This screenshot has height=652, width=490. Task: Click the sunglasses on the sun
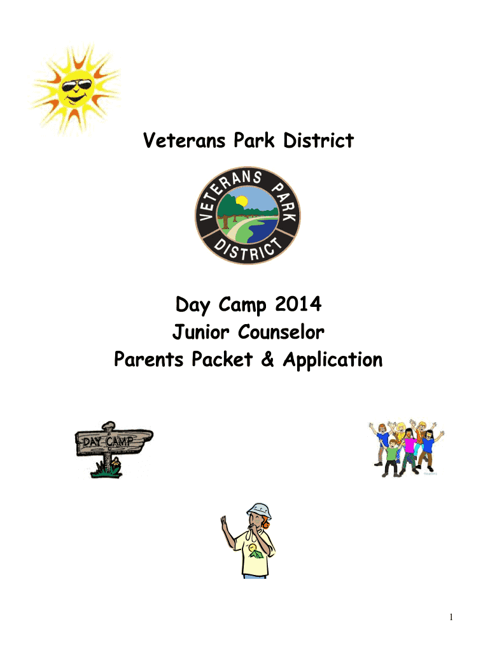[x=76, y=86]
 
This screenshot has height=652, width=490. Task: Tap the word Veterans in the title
[x=184, y=140]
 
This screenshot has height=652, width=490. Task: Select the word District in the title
[x=318, y=140]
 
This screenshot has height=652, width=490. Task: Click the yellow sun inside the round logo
[x=241, y=201]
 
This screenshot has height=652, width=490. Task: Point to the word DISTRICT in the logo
[x=248, y=250]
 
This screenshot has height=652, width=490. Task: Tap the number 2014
[x=298, y=304]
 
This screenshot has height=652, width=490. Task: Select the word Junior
[x=200, y=332]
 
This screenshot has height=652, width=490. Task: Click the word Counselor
[x=281, y=332]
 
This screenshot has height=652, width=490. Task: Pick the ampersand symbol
[x=268, y=359]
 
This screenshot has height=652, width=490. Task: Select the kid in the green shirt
[x=391, y=457]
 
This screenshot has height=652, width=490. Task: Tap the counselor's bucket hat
[x=259, y=510]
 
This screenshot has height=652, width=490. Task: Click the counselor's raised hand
[x=224, y=523]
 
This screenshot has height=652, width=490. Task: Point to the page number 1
[x=451, y=617]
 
